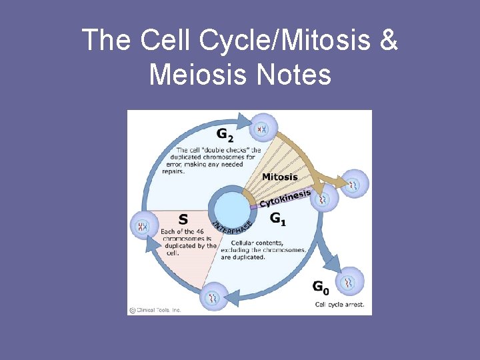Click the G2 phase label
(225, 135)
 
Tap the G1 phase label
(279, 218)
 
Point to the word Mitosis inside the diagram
(280, 177)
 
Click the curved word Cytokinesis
(285, 197)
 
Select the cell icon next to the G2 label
(262, 127)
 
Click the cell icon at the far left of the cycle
(142, 226)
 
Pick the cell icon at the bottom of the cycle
(213, 297)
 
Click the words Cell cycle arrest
(340, 304)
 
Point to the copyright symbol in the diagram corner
(133, 309)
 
